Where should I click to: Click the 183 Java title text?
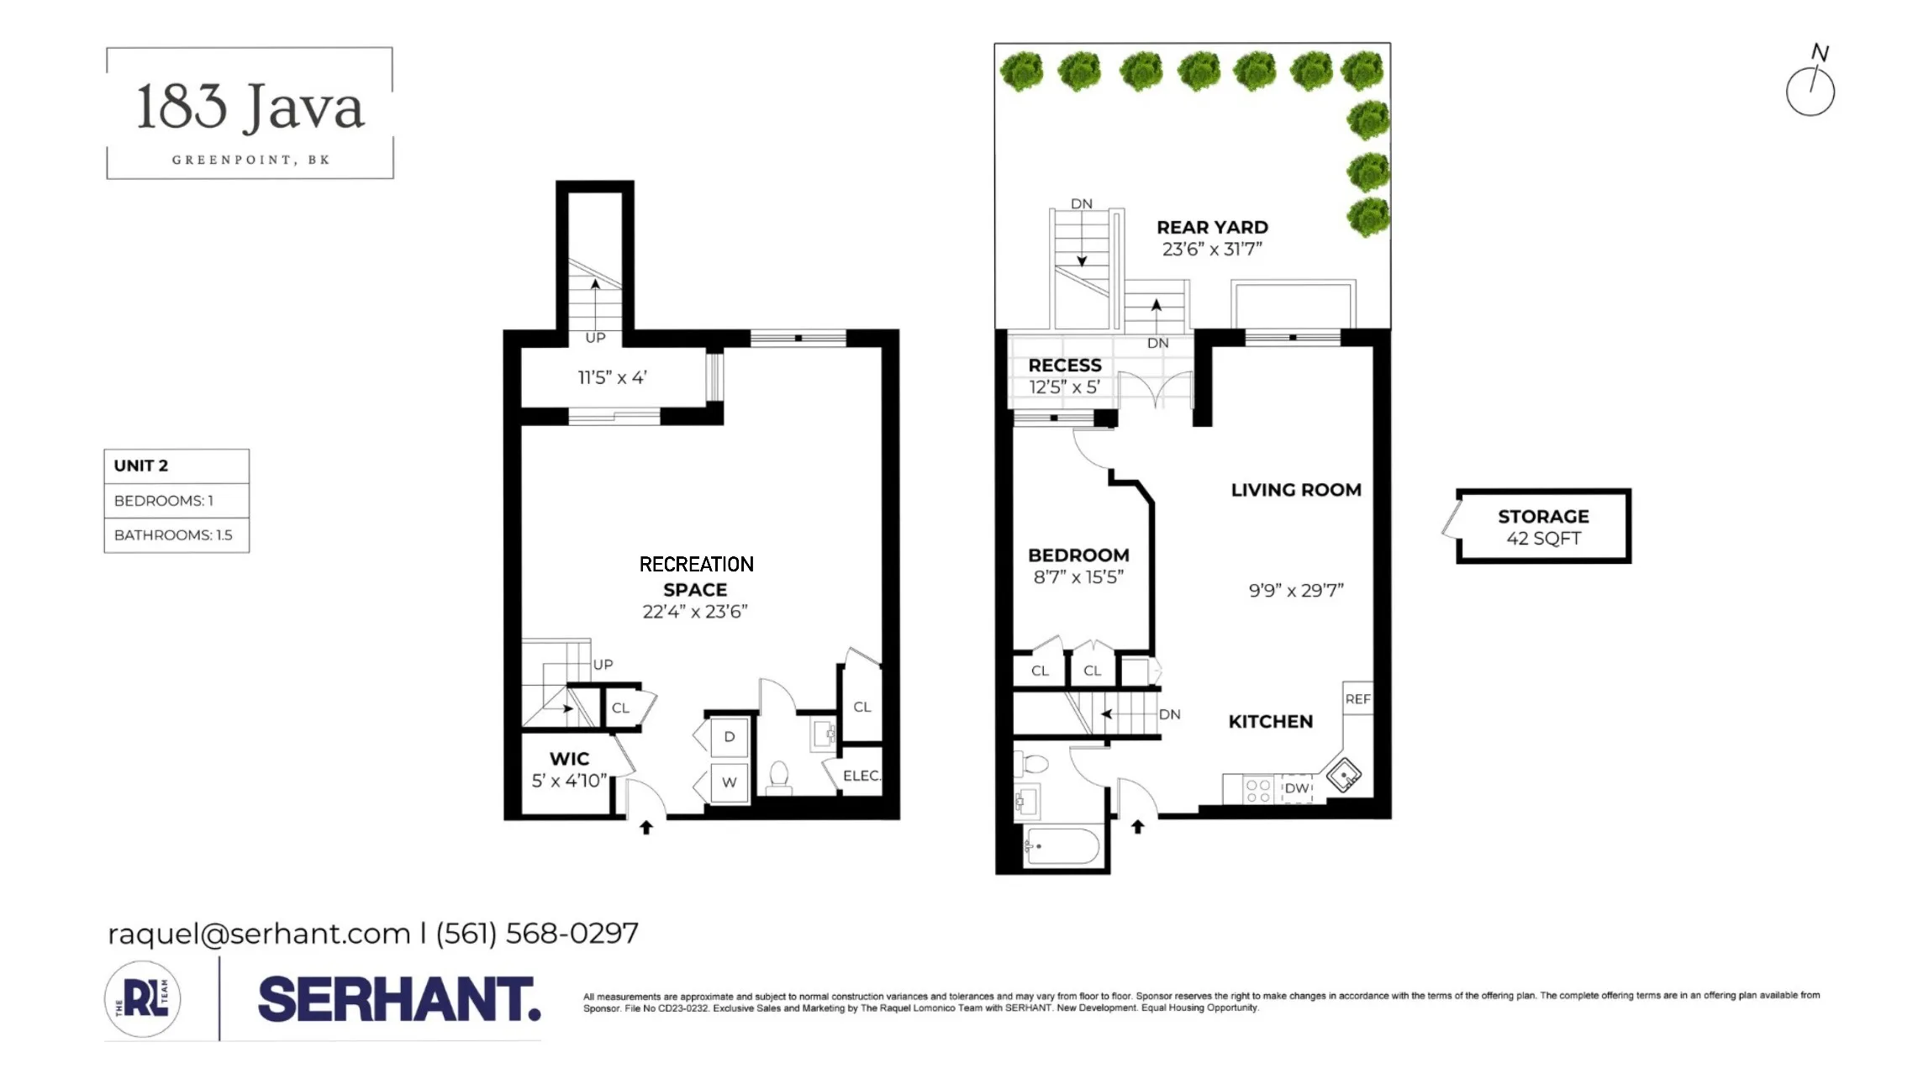click(250, 108)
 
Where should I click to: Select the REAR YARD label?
click(1212, 228)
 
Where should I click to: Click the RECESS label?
click(1064, 366)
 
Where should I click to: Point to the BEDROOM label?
click(1078, 555)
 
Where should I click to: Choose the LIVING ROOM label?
click(1295, 490)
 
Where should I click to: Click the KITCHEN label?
click(1270, 722)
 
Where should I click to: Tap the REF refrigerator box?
click(1357, 698)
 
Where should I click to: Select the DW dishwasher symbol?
click(1297, 788)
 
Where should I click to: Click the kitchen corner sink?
click(1344, 774)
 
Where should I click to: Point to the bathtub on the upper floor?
click(1062, 846)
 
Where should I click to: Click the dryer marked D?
click(729, 737)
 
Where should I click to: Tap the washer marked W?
click(729, 782)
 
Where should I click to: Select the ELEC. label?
click(862, 776)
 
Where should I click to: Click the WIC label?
click(569, 759)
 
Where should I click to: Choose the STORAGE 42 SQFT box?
click(1543, 527)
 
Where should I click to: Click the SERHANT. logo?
click(398, 999)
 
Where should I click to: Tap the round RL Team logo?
click(143, 999)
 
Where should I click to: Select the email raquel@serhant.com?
click(258, 934)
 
